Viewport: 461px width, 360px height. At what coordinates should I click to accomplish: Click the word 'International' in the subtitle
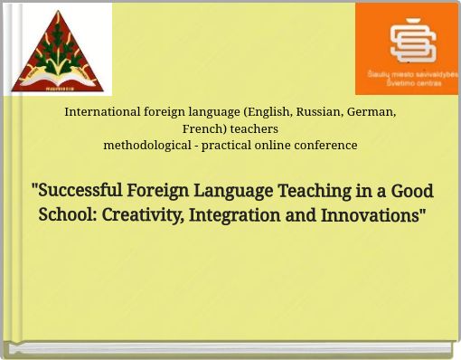point(102,112)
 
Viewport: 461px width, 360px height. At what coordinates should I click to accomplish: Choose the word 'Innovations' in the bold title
point(373,215)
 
